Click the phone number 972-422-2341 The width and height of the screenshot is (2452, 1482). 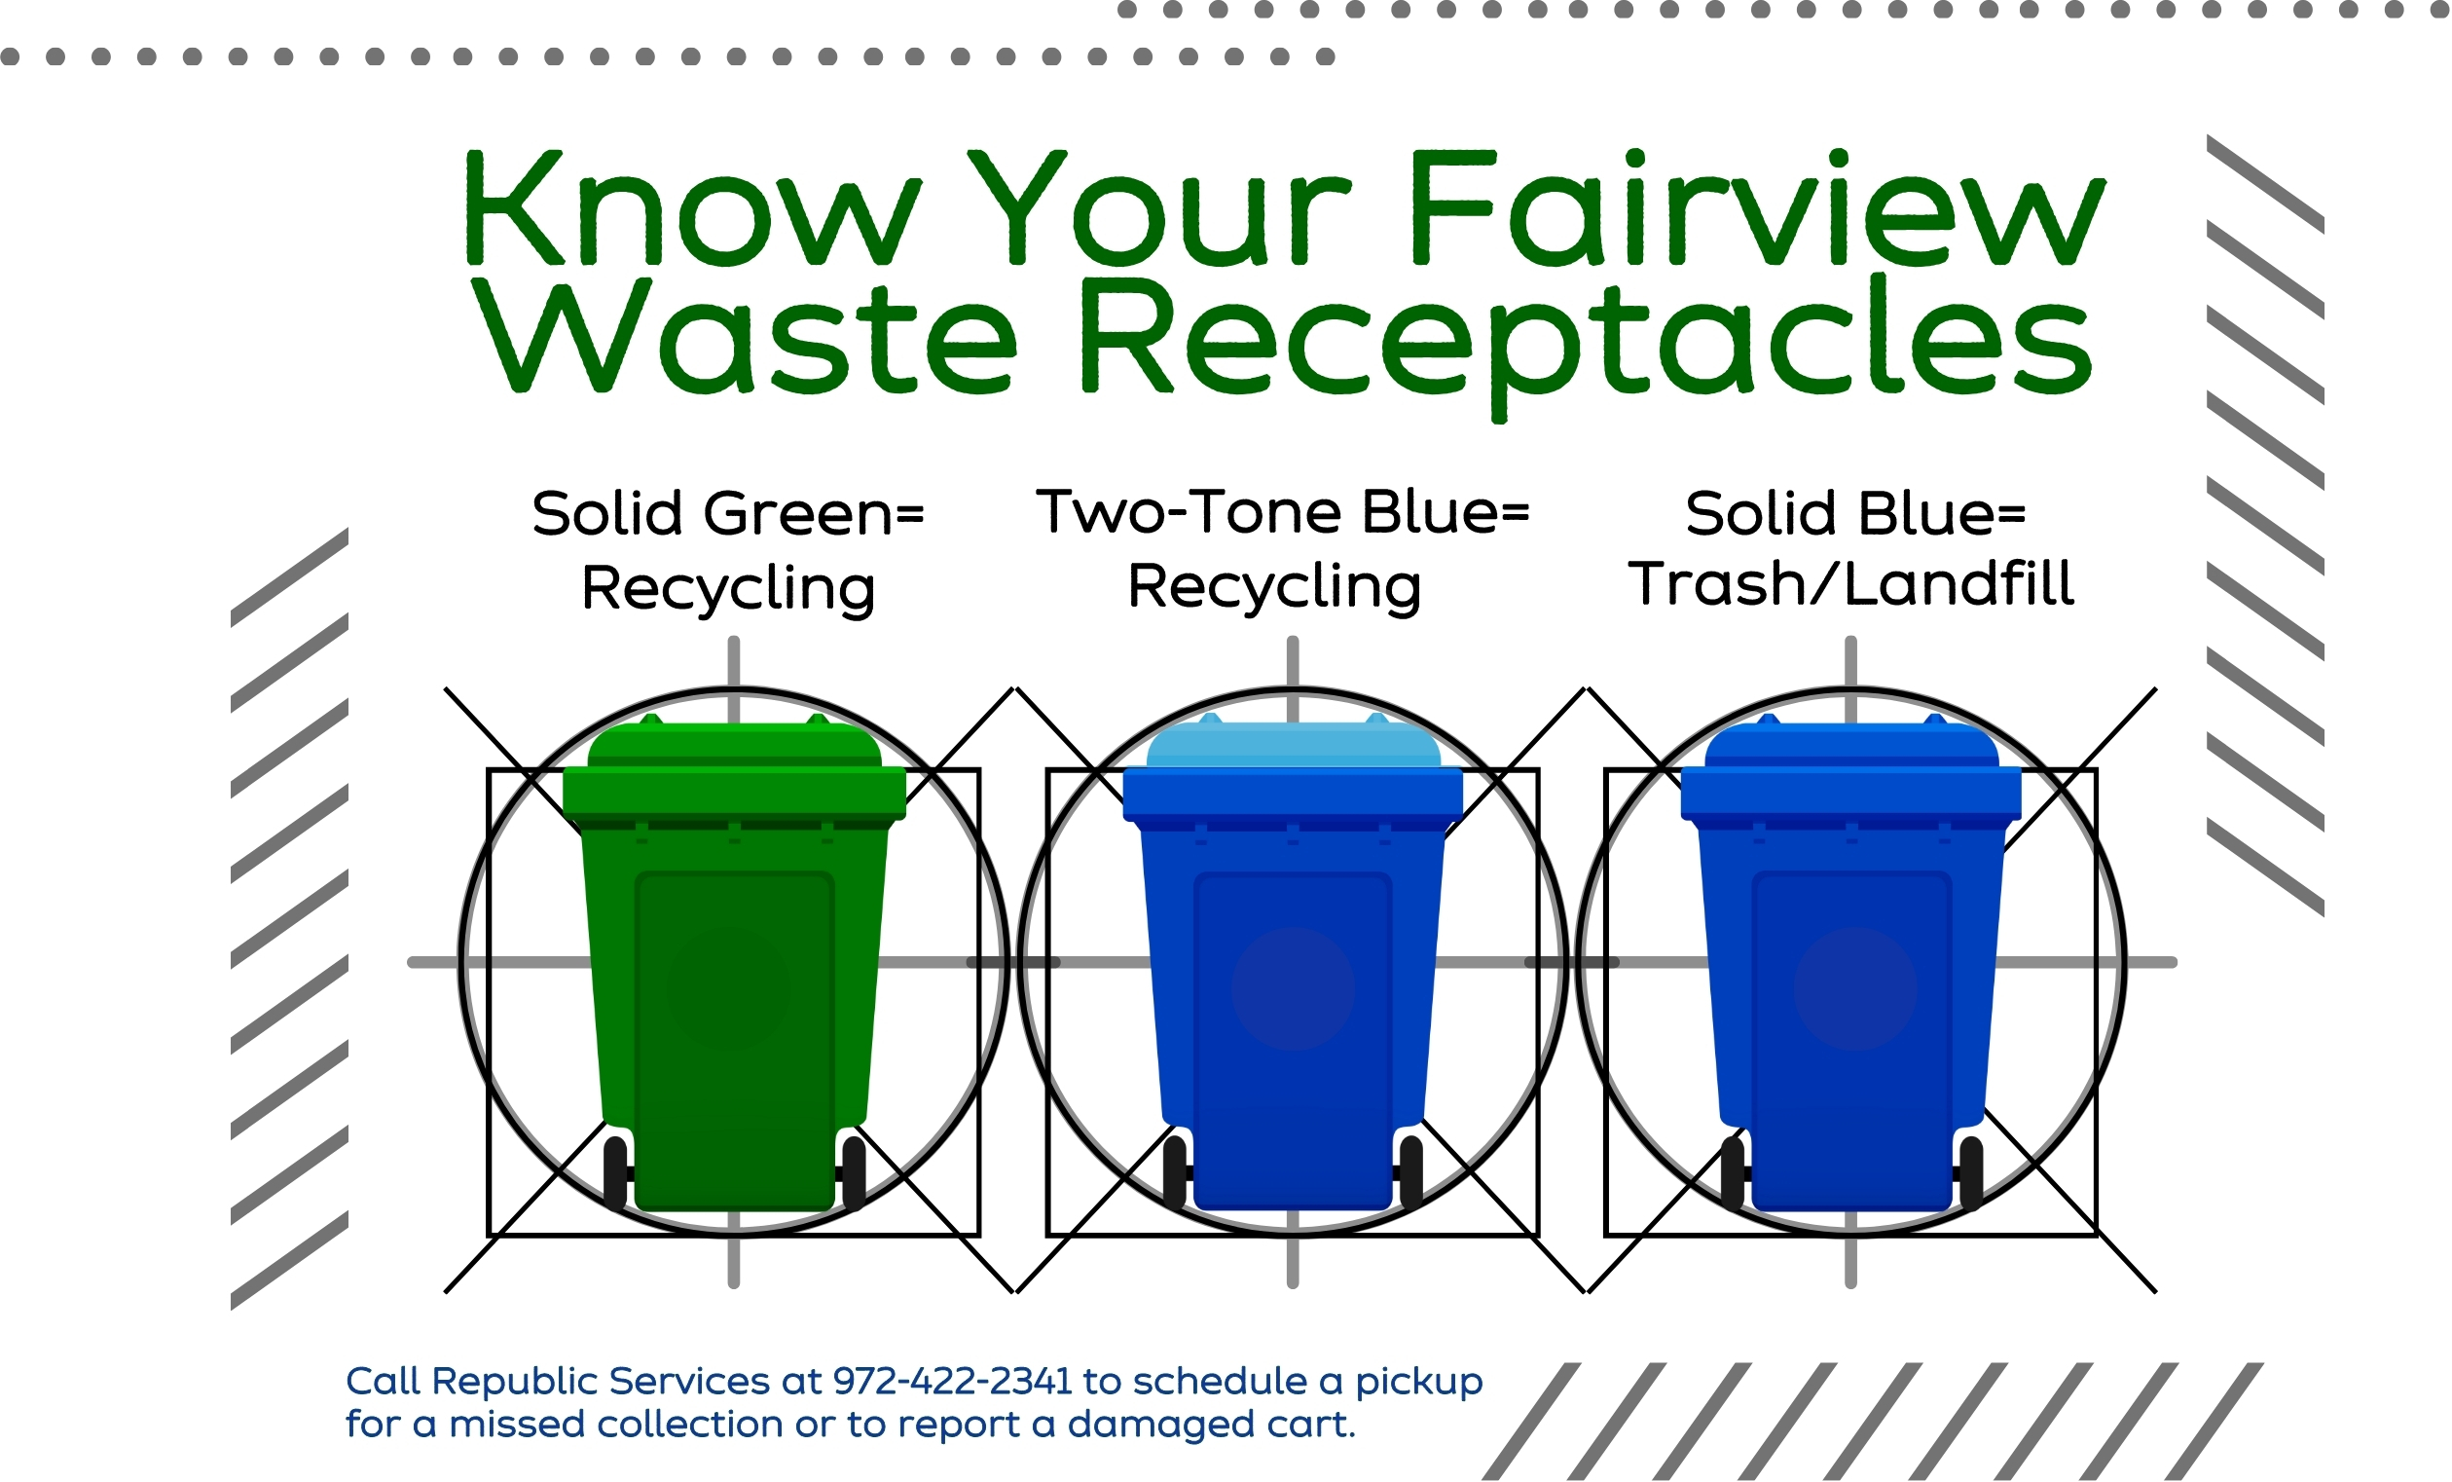[952, 1382]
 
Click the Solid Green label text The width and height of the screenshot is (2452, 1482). [728, 513]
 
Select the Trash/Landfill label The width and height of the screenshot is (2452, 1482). [1851, 583]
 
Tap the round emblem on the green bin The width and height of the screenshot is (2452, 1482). [729, 989]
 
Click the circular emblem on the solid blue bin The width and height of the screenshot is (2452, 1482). [1855, 989]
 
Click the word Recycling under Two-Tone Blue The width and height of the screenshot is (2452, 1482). [1274, 587]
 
